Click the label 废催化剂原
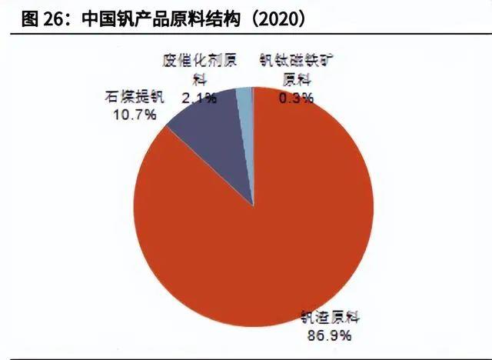tap(198, 60)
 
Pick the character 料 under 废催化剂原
tap(198, 78)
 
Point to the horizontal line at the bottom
tap(246, 358)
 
